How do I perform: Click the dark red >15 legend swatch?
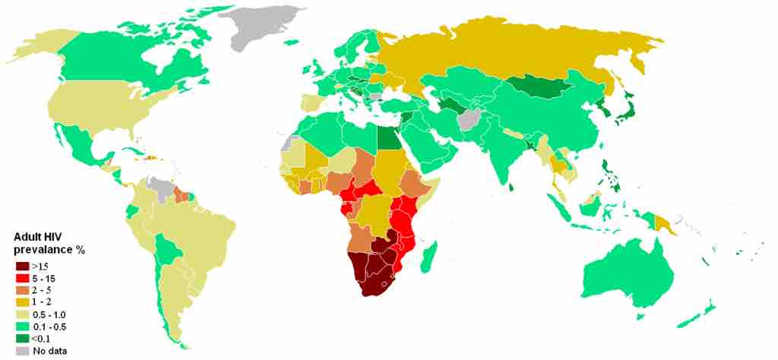click(21, 265)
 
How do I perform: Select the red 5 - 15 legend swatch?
click(21, 277)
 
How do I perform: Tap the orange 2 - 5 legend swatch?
click(21, 289)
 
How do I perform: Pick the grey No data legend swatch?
click(21, 351)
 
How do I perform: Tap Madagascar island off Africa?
click(430, 252)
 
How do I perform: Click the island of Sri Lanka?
click(511, 185)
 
